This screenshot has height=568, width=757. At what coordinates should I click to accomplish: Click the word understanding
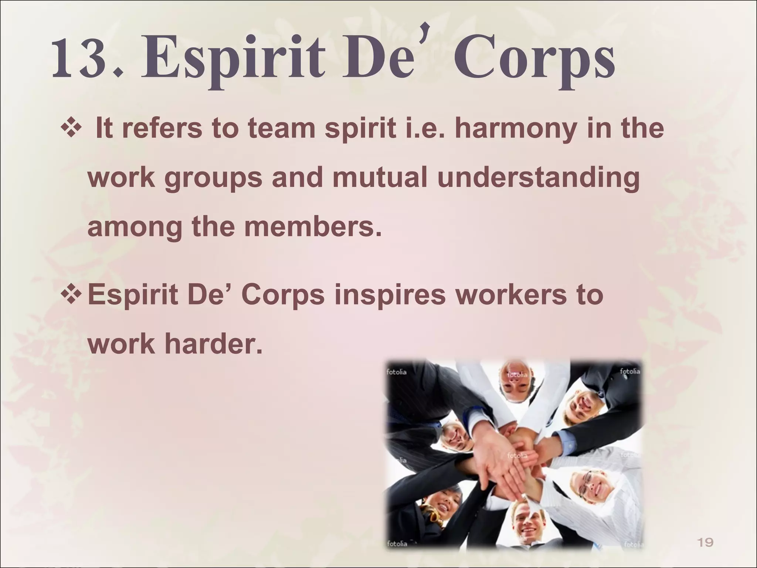pyautogui.click(x=539, y=177)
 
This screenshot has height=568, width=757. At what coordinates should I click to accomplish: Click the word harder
pyautogui.click(x=213, y=344)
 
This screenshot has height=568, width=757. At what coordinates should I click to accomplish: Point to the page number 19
pyautogui.click(x=705, y=542)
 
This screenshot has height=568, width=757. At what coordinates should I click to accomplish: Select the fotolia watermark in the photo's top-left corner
pyautogui.click(x=397, y=372)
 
